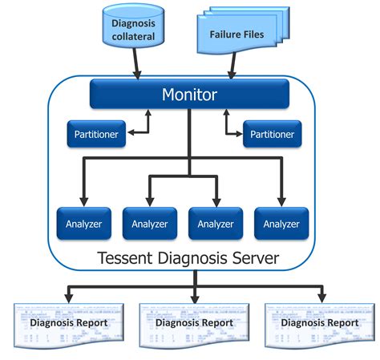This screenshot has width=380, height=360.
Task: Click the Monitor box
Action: [189, 94]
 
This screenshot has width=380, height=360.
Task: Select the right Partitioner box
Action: [273, 135]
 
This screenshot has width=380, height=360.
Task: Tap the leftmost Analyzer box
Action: [80, 224]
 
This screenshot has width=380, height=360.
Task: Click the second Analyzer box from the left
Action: [148, 224]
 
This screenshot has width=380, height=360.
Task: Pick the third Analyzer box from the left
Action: [215, 224]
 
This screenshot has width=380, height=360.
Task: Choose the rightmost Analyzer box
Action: [281, 224]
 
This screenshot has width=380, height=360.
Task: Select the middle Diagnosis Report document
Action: [193, 323]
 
